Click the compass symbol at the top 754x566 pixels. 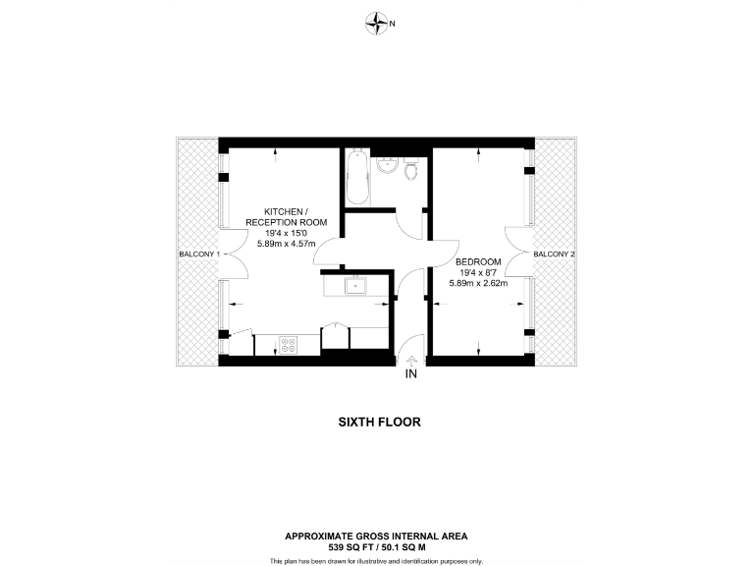pyautogui.click(x=376, y=22)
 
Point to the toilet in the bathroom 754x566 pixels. pyautogui.click(x=411, y=171)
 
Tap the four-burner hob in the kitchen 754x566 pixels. pyautogui.click(x=290, y=345)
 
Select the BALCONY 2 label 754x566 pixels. pyautogui.click(x=554, y=255)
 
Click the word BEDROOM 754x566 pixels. pyautogui.click(x=478, y=261)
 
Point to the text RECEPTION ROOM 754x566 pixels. pyautogui.click(x=286, y=222)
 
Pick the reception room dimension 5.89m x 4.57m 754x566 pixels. pyautogui.click(x=286, y=244)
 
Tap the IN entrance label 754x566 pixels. pyautogui.click(x=410, y=374)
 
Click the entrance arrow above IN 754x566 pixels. pyautogui.click(x=410, y=362)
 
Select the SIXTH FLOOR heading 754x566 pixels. pyautogui.click(x=379, y=423)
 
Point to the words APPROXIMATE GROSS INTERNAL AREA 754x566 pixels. pyautogui.click(x=376, y=536)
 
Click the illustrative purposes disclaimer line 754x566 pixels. pyautogui.click(x=376, y=560)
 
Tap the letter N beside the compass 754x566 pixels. pyautogui.click(x=393, y=23)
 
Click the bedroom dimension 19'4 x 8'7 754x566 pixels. pyautogui.click(x=478, y=272)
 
